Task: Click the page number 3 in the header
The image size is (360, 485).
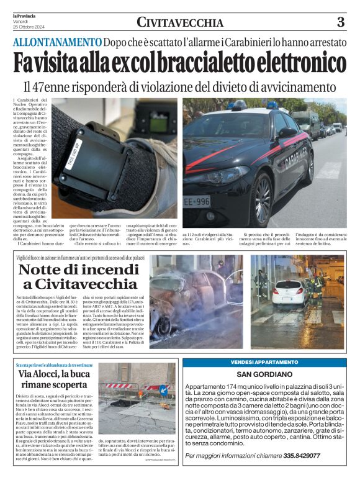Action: [x=340, y=22]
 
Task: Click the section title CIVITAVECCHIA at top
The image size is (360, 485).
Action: [x=180, y=23]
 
